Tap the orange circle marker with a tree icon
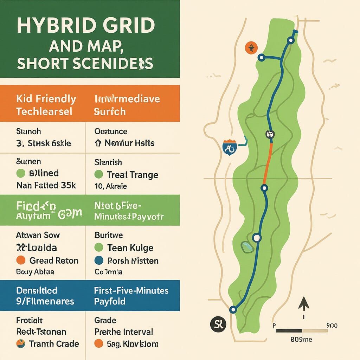[251, 48]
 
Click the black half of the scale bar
[289, 331]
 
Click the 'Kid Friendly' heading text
[46, 99]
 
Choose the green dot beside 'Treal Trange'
[99, 175]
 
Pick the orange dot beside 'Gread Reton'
[21, 261]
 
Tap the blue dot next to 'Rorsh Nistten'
[99, 261]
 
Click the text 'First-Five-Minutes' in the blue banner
[131, 291]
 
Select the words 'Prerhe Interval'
[124, 332]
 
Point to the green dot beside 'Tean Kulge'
[99, 248]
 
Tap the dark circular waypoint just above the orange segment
[270, 134]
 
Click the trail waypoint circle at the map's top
[290, 40]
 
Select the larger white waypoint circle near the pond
[257, 238]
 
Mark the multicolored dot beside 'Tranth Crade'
[21, 344]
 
